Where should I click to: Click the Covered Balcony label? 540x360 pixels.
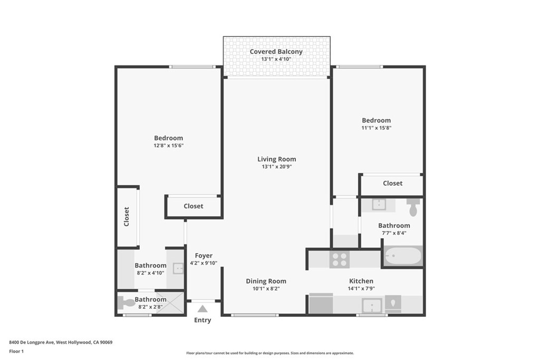coord(276,52)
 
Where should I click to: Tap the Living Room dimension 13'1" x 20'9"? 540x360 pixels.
coord(276,167)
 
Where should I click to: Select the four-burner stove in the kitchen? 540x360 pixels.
coord(340,259)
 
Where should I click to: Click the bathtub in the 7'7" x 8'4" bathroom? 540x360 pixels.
coord(403,257)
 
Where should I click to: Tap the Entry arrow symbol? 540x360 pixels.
coord(202,308)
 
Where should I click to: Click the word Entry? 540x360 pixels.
coord(202,320)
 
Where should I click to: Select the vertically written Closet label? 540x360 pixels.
coord(127,216)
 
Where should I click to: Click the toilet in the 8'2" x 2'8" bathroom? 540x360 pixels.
coord(127,303)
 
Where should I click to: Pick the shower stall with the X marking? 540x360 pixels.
coord(169,304)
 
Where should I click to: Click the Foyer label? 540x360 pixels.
coord(204,256)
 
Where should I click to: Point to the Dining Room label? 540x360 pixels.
coord(266,281)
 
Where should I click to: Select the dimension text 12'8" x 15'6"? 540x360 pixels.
coord(168,145)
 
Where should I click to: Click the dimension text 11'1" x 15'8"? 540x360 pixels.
coord(376,128)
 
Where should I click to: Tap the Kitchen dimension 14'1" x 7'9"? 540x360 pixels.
coord(361,288)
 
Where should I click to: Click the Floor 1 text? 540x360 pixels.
coord(18,351)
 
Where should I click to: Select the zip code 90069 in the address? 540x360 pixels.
coord(106,342)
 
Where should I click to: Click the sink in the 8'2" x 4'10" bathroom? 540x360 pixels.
coord(178,269)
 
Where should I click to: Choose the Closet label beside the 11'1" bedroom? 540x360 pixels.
coord(392,183)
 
